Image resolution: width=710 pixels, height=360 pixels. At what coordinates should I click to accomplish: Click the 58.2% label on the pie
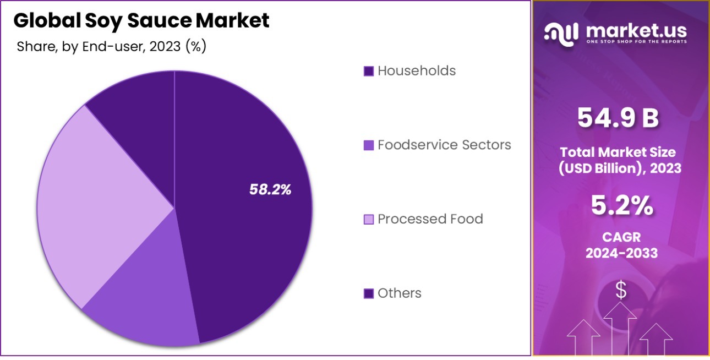tap(270, 190)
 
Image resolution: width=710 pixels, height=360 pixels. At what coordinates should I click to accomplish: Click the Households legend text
tap(416, 71)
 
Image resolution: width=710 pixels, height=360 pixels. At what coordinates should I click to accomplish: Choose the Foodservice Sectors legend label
tap(444, 145)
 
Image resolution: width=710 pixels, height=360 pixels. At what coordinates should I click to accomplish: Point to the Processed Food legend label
tap(430, 219)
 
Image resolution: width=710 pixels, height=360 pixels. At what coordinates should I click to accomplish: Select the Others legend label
tap(399, 293)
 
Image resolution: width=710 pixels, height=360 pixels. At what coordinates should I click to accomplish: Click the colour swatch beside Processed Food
tap(369, 220)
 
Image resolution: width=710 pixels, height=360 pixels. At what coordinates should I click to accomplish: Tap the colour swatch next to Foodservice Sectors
tap(369, 145)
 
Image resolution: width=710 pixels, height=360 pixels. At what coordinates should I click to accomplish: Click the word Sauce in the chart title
tap(161, 21)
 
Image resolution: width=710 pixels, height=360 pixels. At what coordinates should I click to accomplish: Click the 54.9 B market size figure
tap(618, 118)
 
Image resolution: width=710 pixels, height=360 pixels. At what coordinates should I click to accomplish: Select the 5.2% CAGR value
tap(621, 206)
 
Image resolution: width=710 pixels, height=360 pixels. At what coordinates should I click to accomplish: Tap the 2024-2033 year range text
tap(621, 253)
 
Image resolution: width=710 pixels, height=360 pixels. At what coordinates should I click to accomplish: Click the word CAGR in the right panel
tap(621, 237)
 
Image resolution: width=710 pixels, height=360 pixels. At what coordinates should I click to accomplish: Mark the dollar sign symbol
tap(621, 290)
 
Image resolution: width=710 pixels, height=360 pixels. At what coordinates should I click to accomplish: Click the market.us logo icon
tap(561, 33)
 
